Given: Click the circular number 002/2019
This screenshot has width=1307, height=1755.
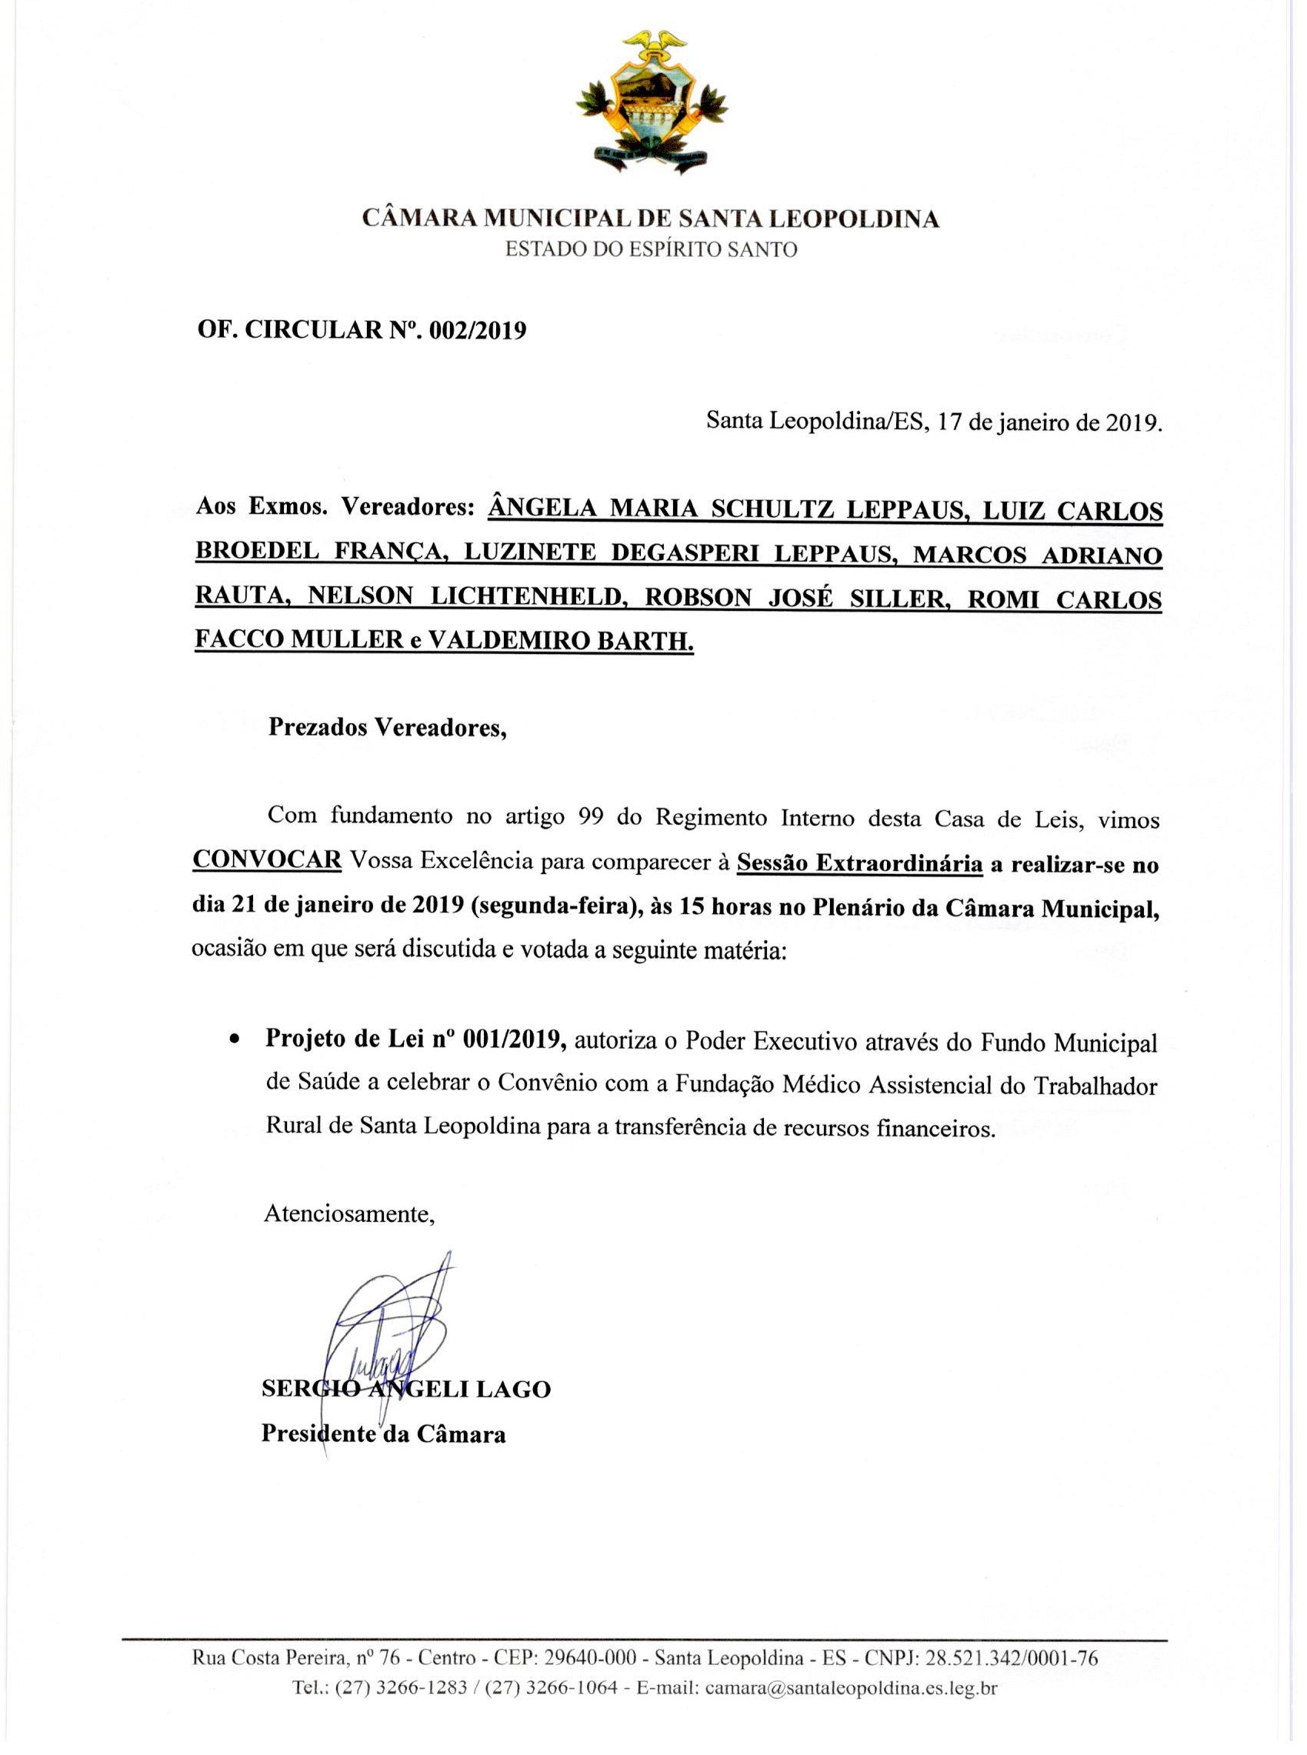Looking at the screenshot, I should (x=477, y=331).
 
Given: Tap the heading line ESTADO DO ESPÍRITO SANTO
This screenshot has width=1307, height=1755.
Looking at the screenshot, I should (x=652, y=250).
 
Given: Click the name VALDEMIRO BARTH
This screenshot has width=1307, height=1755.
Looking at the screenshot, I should (x=560, y=642).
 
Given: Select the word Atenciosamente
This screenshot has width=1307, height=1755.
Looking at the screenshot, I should (x=349, y=1214).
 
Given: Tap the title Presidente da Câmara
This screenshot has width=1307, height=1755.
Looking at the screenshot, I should (x=384, y=1434).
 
